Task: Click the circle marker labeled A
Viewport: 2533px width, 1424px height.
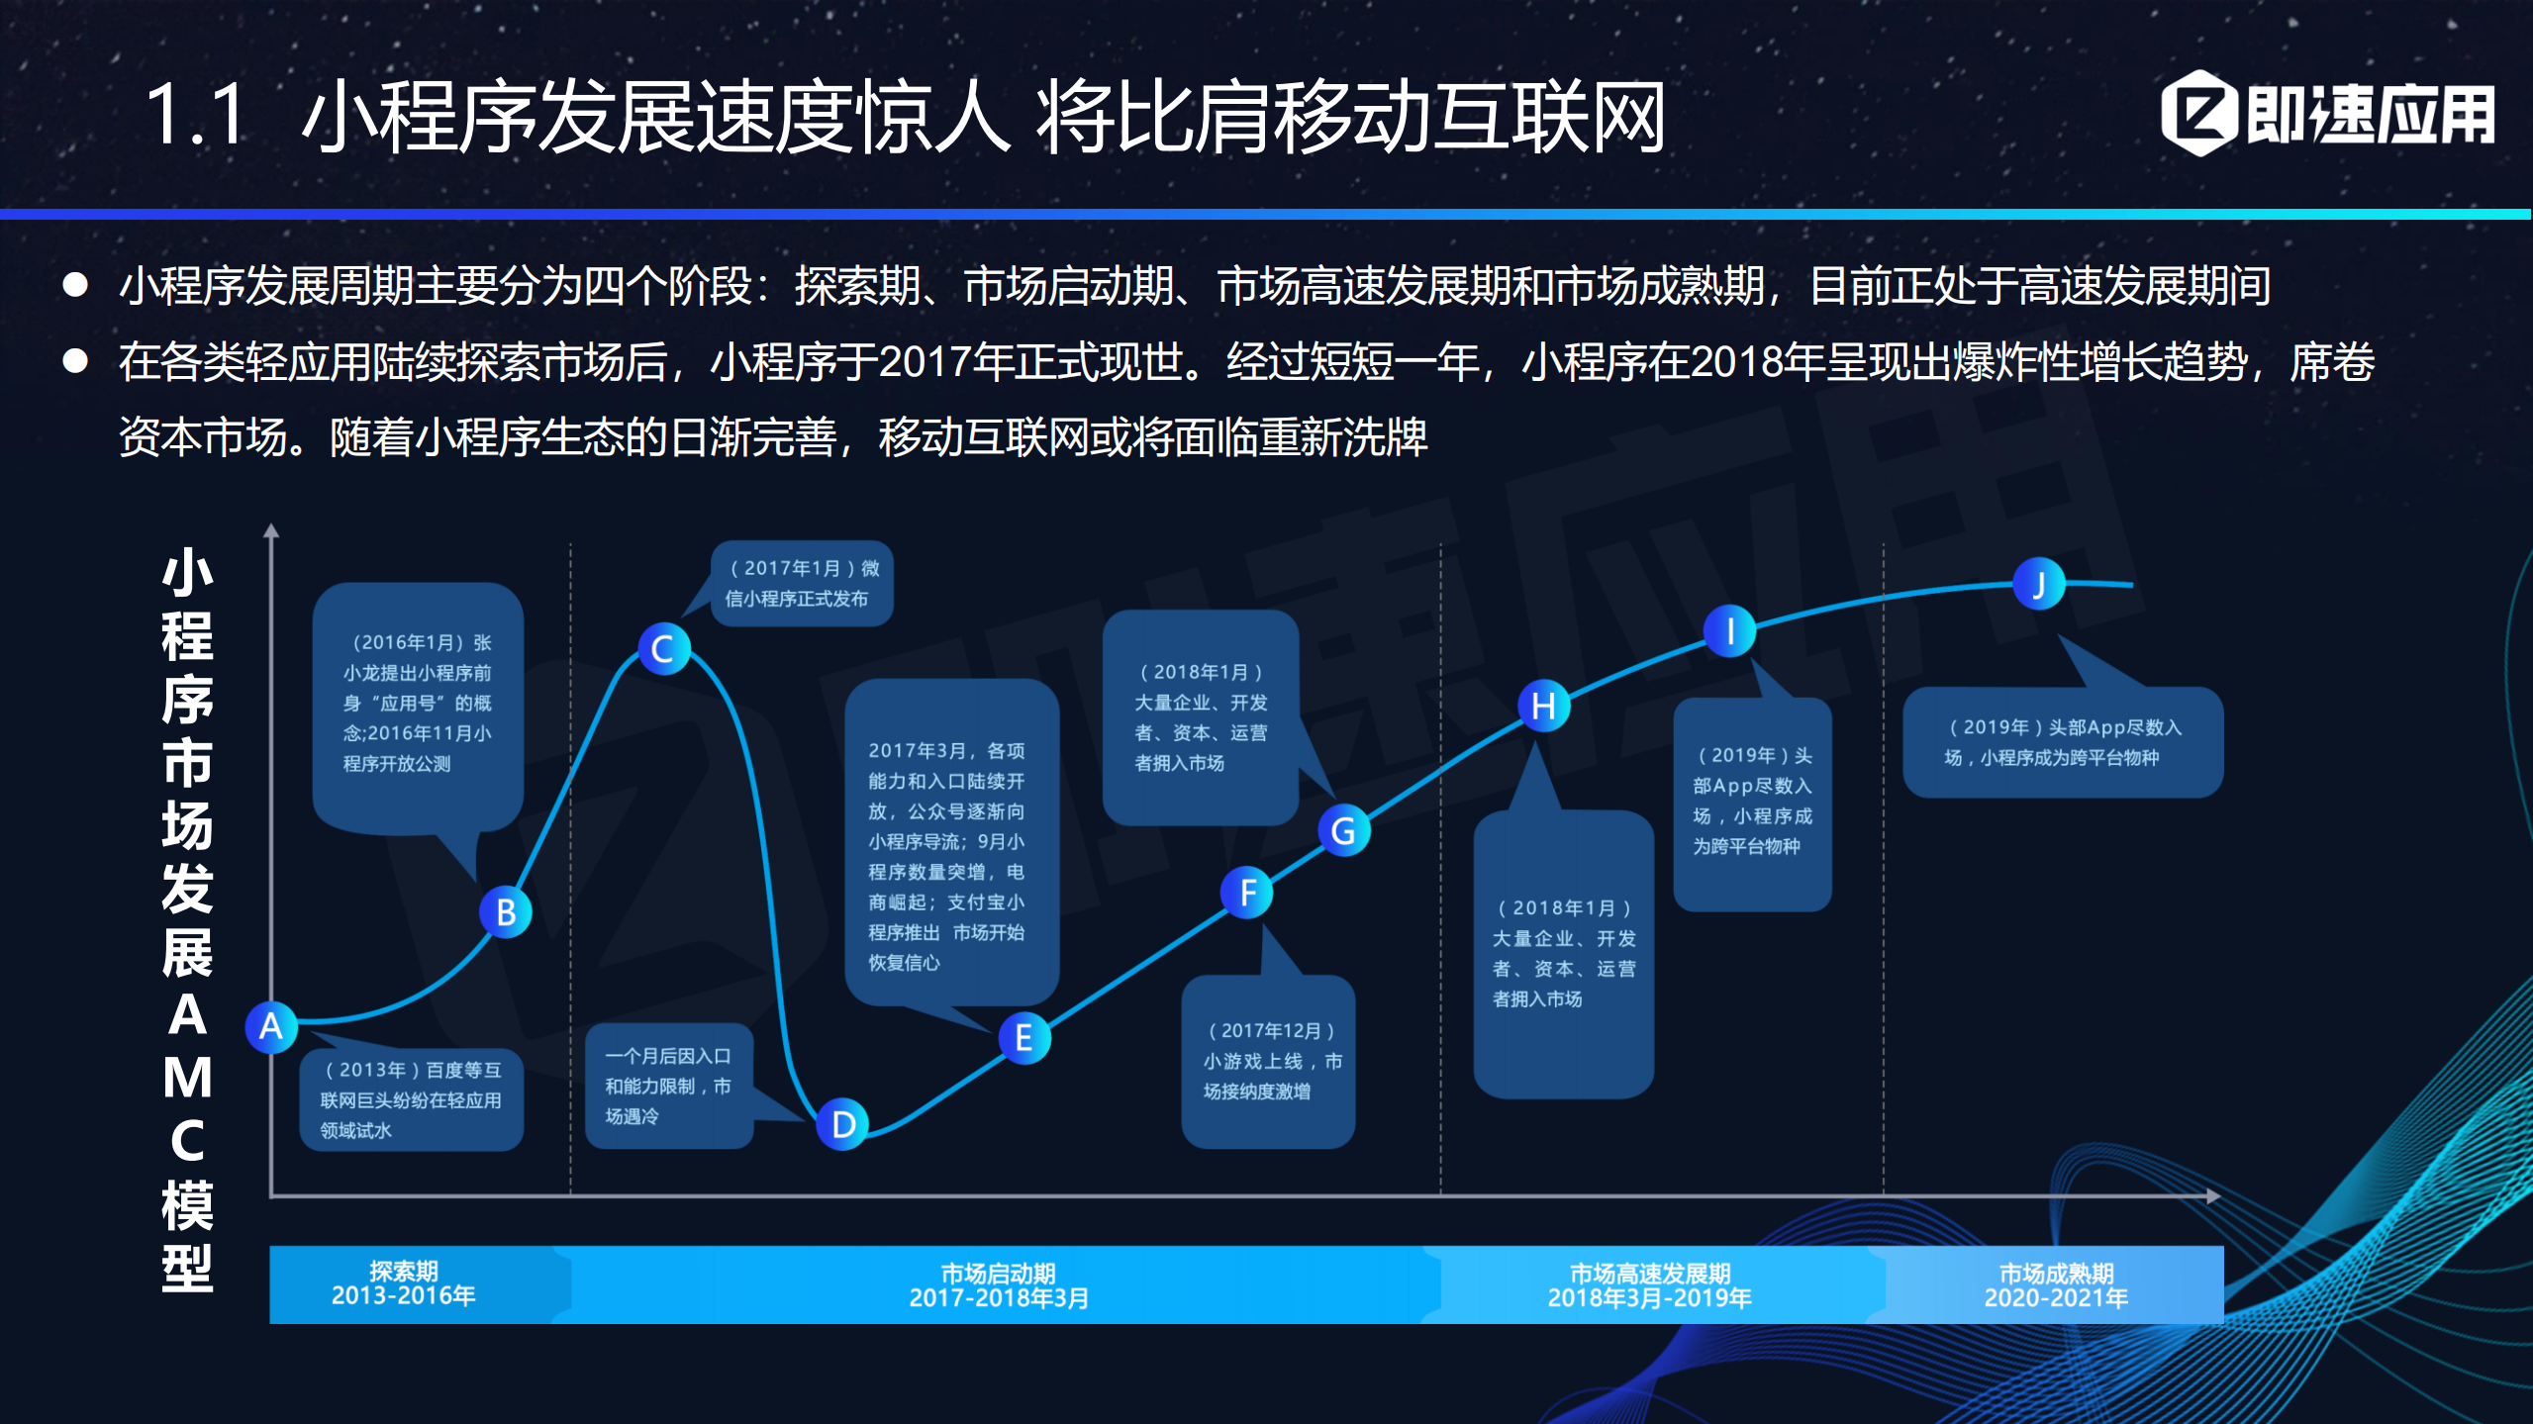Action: coord(271,1027)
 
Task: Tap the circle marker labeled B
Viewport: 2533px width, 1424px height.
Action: coord(506,911)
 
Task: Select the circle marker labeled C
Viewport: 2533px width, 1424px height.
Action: coord(663,649)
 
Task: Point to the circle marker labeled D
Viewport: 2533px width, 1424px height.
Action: coord(843,1124)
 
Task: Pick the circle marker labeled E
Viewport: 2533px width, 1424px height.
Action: coord(1024,1038)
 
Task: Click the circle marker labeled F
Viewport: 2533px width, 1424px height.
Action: coord(1247,893)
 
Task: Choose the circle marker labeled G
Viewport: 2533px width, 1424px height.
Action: coord(1343,830)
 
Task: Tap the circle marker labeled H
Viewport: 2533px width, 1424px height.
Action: coord(1543,706)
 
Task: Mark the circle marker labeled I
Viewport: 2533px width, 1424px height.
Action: coord(1729,631)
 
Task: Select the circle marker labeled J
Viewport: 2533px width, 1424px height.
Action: coord(2039,585)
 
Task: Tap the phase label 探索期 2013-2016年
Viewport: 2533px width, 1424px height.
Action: coord(404,1284)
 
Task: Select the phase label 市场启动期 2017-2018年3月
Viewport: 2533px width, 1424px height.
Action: coord(999,1285)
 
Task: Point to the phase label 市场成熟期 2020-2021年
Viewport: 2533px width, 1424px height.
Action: coord(2056,1285)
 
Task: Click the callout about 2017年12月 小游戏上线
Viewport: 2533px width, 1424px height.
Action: coord(1268,1061)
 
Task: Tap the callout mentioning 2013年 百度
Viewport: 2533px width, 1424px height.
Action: coord(412,1099)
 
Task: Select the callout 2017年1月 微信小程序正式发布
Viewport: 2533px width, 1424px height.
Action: coord(803,584)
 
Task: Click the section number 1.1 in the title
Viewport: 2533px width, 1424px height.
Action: coord(195,116)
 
